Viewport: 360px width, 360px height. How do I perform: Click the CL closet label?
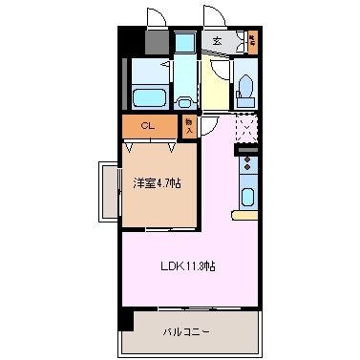(x=148, y=125)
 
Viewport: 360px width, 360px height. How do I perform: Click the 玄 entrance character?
(x=218, y=40)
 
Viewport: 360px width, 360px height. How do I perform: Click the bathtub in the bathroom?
(x=147, y=96)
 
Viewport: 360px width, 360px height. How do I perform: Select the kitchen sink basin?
(x=248, y=199)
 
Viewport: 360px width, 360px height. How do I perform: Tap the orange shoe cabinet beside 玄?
(x=253, y=40)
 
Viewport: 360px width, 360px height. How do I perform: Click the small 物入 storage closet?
(x=189, y=125)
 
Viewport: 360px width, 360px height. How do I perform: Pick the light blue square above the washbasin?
(x=183, y=45)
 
